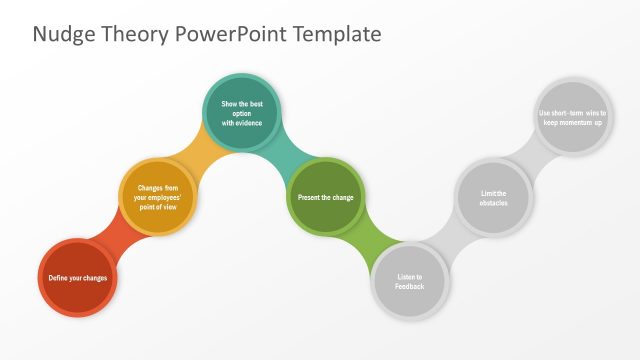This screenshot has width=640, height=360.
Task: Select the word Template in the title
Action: pyautogui.click(x=336, y=34)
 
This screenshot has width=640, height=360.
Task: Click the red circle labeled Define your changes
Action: pyautogui.click(x=78, y=277)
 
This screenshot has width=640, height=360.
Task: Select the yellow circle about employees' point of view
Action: pyautogui.click(x=158, y=197)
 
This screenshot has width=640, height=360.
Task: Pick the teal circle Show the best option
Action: pyautogui.click(x=241, y=113)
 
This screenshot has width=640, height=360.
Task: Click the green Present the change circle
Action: pyautogui.click(x=325, y=197)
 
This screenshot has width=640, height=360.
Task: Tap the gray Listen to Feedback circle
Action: pyautogui.click(x=409, y=281)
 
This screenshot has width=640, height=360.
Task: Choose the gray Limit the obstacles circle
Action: pyautogui.click(x=493, y=197)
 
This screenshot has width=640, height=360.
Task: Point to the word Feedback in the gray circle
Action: pyautogui.click(x=409, y=287)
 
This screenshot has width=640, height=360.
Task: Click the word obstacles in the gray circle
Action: pyautogui.click(x=493, y=203)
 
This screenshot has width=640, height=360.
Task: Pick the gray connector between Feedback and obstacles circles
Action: pyautogui.click(x=452, y=240)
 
